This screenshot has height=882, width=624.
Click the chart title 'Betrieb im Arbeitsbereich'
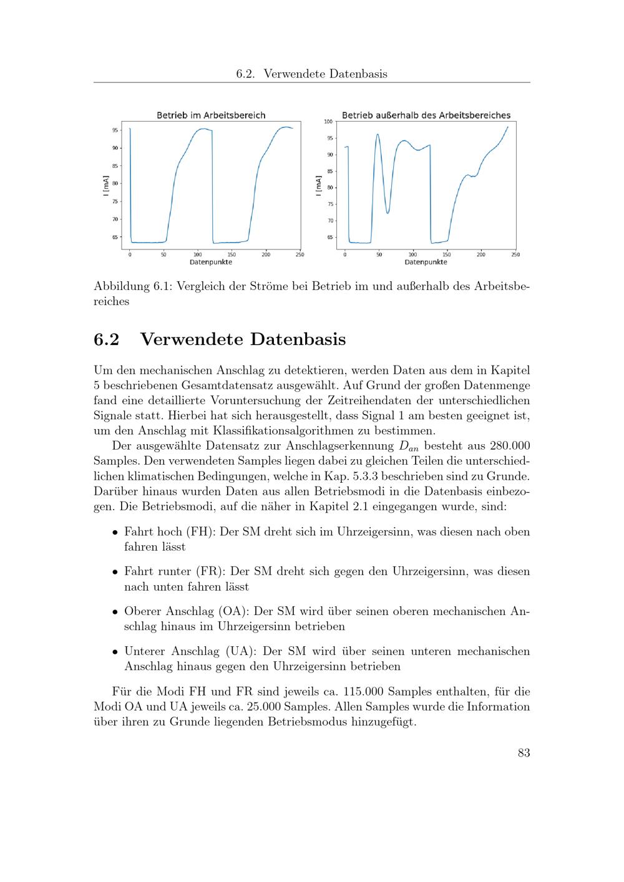coord(211,115)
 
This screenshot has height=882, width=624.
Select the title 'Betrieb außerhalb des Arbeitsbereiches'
coord(426,115)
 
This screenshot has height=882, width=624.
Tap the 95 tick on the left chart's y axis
coord(115,130)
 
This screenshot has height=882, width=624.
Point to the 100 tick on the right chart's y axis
coord(328,122)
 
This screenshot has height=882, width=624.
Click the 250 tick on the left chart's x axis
coord(300,254)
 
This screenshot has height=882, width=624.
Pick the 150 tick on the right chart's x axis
coord(447,254)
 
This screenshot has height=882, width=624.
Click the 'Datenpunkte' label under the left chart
coord(211,262)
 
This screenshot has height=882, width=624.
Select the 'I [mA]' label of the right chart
coord(319,186)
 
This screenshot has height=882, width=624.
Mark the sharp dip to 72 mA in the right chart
coord(388,213)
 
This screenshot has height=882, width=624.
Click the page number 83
coord(524,753)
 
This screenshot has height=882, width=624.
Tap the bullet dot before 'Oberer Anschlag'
coord(115,612)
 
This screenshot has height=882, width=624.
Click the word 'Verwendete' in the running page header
coord(293,74)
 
